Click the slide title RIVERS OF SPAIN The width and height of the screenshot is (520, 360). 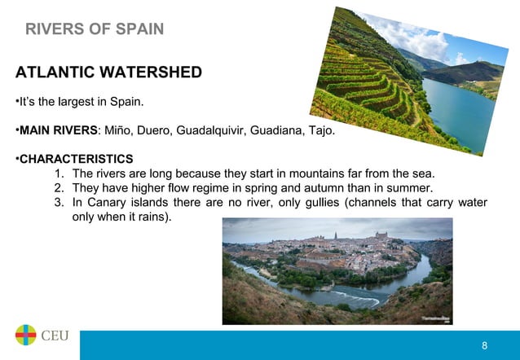95,30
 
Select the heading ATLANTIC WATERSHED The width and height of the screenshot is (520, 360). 108,72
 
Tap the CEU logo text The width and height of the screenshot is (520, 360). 55,336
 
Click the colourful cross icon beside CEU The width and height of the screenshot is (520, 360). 25,336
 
